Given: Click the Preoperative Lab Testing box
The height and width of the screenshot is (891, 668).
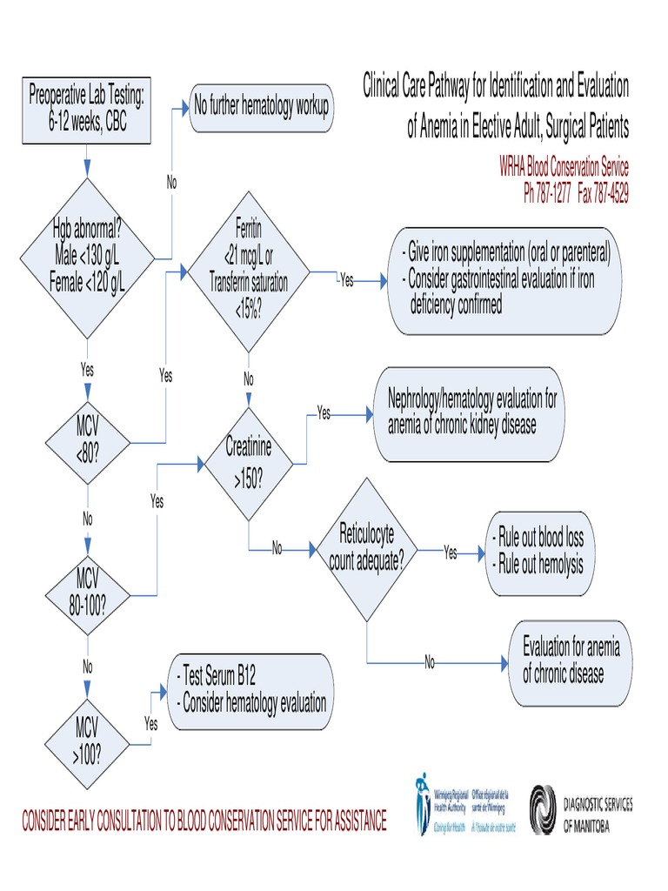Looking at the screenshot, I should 86,109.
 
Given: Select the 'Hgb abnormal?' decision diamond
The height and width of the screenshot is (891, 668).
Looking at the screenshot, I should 87,258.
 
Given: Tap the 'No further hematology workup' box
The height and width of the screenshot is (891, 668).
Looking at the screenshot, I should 260,107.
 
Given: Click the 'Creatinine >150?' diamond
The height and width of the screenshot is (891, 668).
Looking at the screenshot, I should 248,461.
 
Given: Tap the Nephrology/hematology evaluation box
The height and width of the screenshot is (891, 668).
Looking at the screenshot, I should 471,413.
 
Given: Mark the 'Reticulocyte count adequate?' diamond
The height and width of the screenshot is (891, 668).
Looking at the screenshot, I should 366,550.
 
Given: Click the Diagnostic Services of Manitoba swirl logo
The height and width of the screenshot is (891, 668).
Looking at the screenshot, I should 547,810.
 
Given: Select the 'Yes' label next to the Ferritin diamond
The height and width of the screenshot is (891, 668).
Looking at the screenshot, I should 346,280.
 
